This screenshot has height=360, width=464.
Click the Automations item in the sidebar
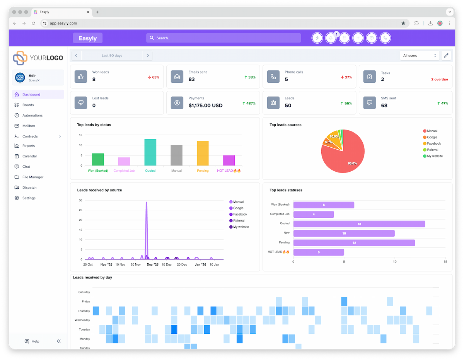(32, 115)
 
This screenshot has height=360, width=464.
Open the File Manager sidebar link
(33, 177)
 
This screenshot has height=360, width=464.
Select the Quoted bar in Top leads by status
(150, 152)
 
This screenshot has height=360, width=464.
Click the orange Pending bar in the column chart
(203, 153)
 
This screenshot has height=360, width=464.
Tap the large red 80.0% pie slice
(344, 155)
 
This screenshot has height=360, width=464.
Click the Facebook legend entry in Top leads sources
(433, 143)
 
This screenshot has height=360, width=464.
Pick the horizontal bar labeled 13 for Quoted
(359, 224)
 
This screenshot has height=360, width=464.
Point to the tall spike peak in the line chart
(146, 203)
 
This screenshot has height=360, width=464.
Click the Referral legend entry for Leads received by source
(239, 221)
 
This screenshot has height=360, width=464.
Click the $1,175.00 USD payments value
(205, 106)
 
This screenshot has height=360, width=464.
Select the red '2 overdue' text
(439, 79)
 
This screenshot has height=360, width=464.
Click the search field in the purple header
(223, 38)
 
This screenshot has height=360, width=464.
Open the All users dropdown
(420, 56)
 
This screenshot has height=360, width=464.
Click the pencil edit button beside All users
(446, 56)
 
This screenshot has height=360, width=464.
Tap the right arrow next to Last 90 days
(148, 56)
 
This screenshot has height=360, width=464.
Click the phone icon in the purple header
(385, 38)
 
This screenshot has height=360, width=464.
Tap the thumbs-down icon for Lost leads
(81, 103)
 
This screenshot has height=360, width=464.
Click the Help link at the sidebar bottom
(35, 341)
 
